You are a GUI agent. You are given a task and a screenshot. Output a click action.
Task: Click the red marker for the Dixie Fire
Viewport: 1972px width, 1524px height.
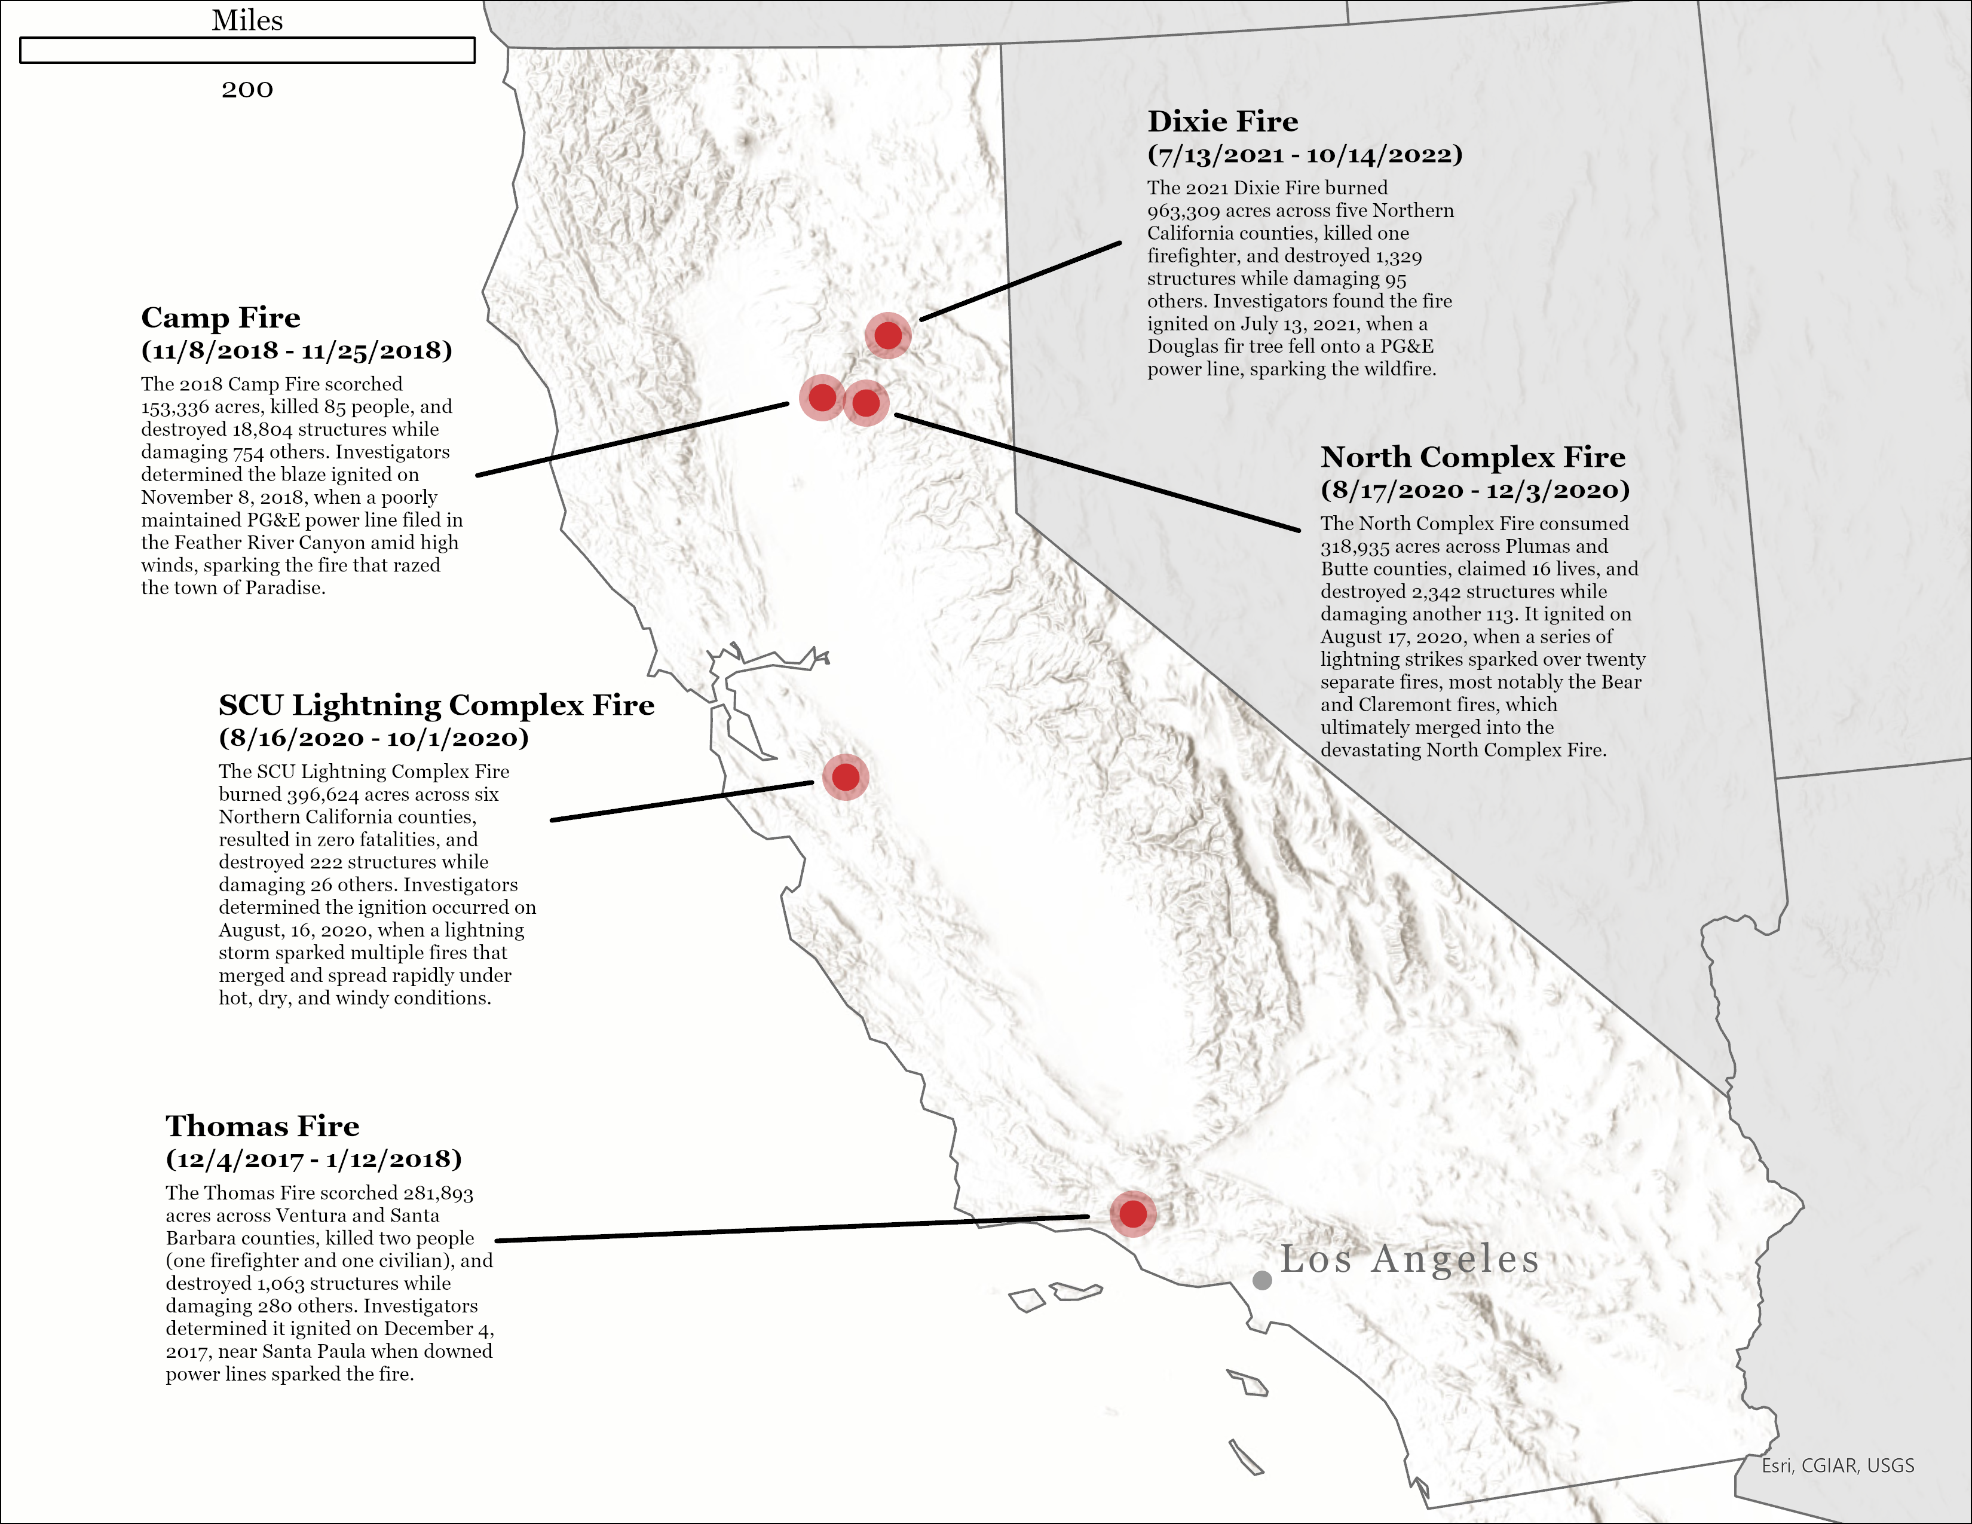coord(889,336)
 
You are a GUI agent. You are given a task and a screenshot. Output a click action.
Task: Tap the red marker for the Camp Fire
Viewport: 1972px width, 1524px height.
coord(822,397)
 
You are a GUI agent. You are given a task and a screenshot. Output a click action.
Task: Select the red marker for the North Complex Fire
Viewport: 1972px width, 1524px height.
coord(866,403)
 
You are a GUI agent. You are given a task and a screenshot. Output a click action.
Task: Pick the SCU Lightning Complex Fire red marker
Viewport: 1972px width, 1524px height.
coord(845,776)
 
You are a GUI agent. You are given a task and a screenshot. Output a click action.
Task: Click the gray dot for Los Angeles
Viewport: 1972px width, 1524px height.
coord(1262,1280)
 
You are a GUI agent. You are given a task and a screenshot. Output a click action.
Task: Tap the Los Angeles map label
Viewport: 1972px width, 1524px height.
coord(1408,1259)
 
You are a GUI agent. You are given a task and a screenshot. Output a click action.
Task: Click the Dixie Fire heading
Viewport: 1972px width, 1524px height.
coord(1223,121)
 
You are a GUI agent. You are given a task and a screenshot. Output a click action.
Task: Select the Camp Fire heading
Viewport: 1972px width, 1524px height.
coord(221,318)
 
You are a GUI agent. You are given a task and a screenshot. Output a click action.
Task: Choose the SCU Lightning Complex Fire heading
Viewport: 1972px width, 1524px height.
coord(436,705)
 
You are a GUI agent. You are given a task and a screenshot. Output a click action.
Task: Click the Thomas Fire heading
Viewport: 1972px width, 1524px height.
coord(262,1126)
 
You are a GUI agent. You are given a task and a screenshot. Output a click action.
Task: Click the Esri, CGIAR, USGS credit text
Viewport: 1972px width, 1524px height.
coord(1838,1466)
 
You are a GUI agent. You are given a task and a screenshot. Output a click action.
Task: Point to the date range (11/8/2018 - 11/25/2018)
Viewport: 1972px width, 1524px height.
coord(296,350)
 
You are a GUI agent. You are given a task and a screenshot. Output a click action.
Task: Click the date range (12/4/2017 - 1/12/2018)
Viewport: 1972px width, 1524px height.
coord(313,1159)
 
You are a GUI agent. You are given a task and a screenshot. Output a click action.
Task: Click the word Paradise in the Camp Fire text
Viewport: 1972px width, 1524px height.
coord(284,587)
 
